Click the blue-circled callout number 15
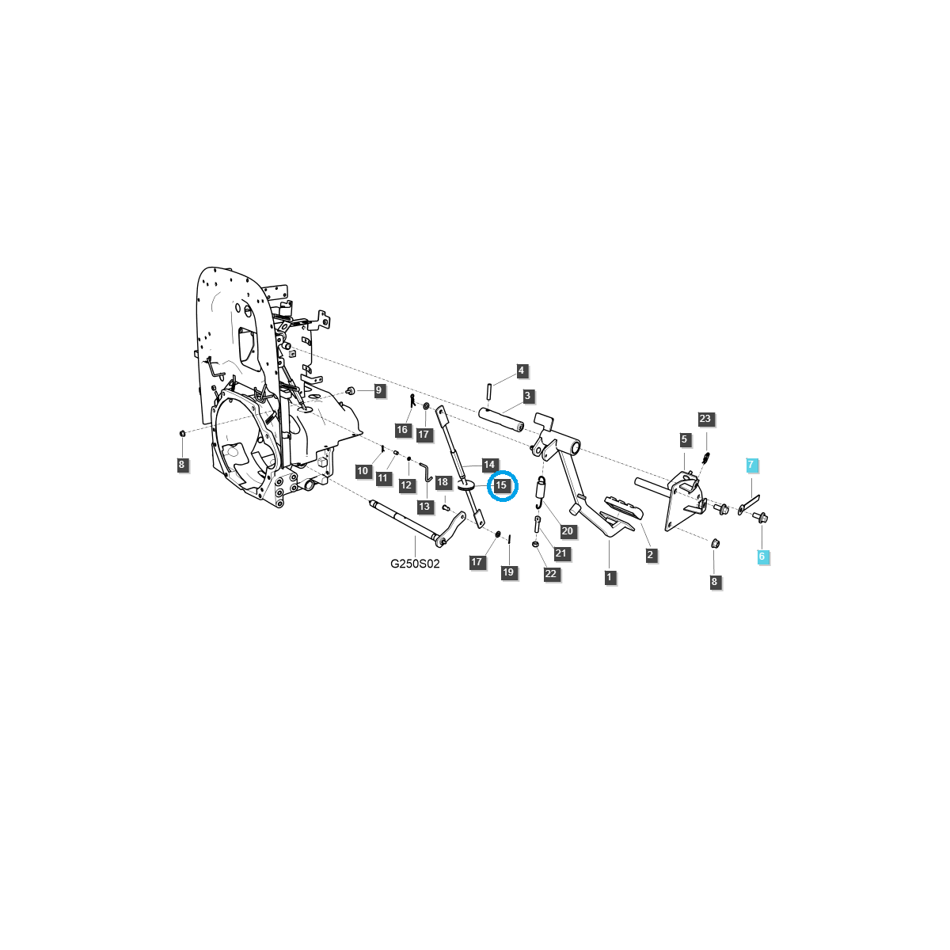click(501, 485)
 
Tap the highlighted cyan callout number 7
click(750, 465)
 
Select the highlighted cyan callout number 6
click(762, 557)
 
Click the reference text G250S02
click(415, 564)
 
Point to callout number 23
click(705, 419)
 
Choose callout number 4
click(522, 370)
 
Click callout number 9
click(378, 390)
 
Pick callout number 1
click(609, 577)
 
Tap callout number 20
click(568, 531)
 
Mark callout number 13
click(424, 507)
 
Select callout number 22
click(551, 574)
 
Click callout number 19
click(508, 572)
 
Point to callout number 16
click(402, 429)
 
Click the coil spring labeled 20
click(541, 492)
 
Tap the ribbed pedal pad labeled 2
click(624, 507)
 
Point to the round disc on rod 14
click(465, 486)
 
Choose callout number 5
click(684, 439)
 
